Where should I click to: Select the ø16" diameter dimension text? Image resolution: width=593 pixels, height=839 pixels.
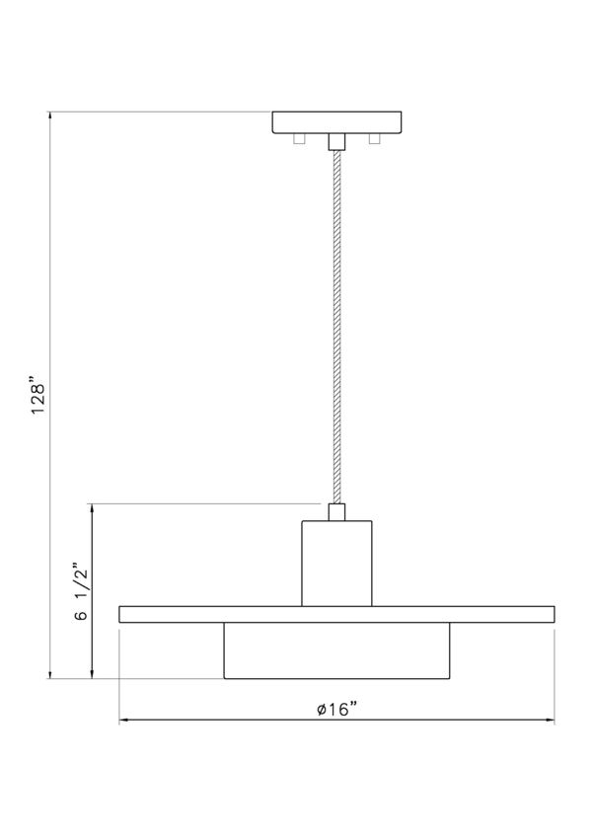click(336, 710)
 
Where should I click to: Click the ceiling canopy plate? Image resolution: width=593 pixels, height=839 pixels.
click(336, 122)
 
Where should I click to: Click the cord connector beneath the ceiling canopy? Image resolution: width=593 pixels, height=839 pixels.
click(336, 141)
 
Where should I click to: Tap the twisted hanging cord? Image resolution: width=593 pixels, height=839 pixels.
click(336, 326)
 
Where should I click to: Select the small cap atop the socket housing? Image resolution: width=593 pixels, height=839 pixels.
click(336, 511)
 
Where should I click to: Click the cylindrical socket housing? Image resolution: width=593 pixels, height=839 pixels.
click(336, 563)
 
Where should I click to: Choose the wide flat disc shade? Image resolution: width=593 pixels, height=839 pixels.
click(336, 614)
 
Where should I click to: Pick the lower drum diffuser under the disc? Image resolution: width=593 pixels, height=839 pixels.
click(336, 650)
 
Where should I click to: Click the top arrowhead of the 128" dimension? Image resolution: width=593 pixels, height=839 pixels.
click(49, 115)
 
